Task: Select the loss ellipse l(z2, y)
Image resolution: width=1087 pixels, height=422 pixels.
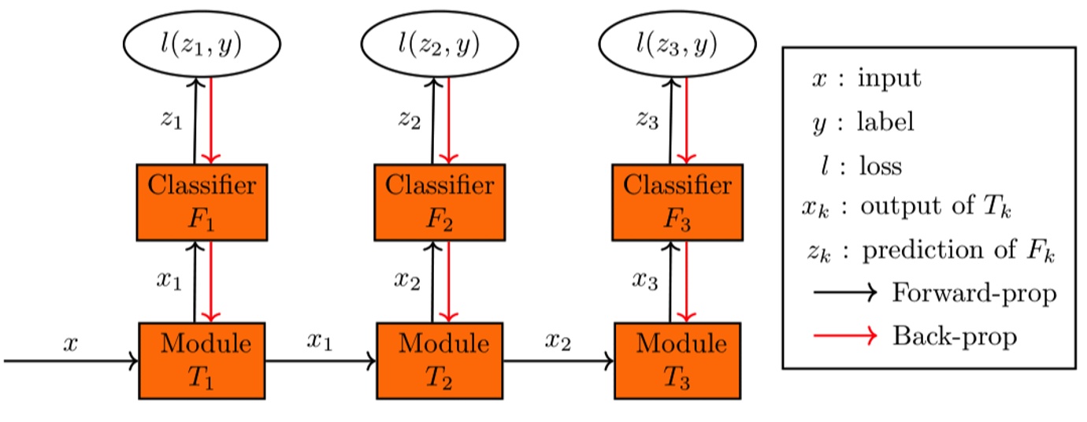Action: tap(440, 46)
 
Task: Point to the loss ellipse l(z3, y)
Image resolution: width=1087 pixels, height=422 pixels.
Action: tap(677, 46)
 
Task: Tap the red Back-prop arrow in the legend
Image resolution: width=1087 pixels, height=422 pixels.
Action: tap(844, 336)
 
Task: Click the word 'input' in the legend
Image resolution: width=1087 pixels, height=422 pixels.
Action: tap(889, 79)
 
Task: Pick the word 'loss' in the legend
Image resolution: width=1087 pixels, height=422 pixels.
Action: tap(879, 166)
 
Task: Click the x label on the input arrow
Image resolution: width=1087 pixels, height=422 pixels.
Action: tap(70, 343)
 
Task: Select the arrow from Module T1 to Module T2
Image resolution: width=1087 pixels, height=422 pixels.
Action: tap(321, 362)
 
